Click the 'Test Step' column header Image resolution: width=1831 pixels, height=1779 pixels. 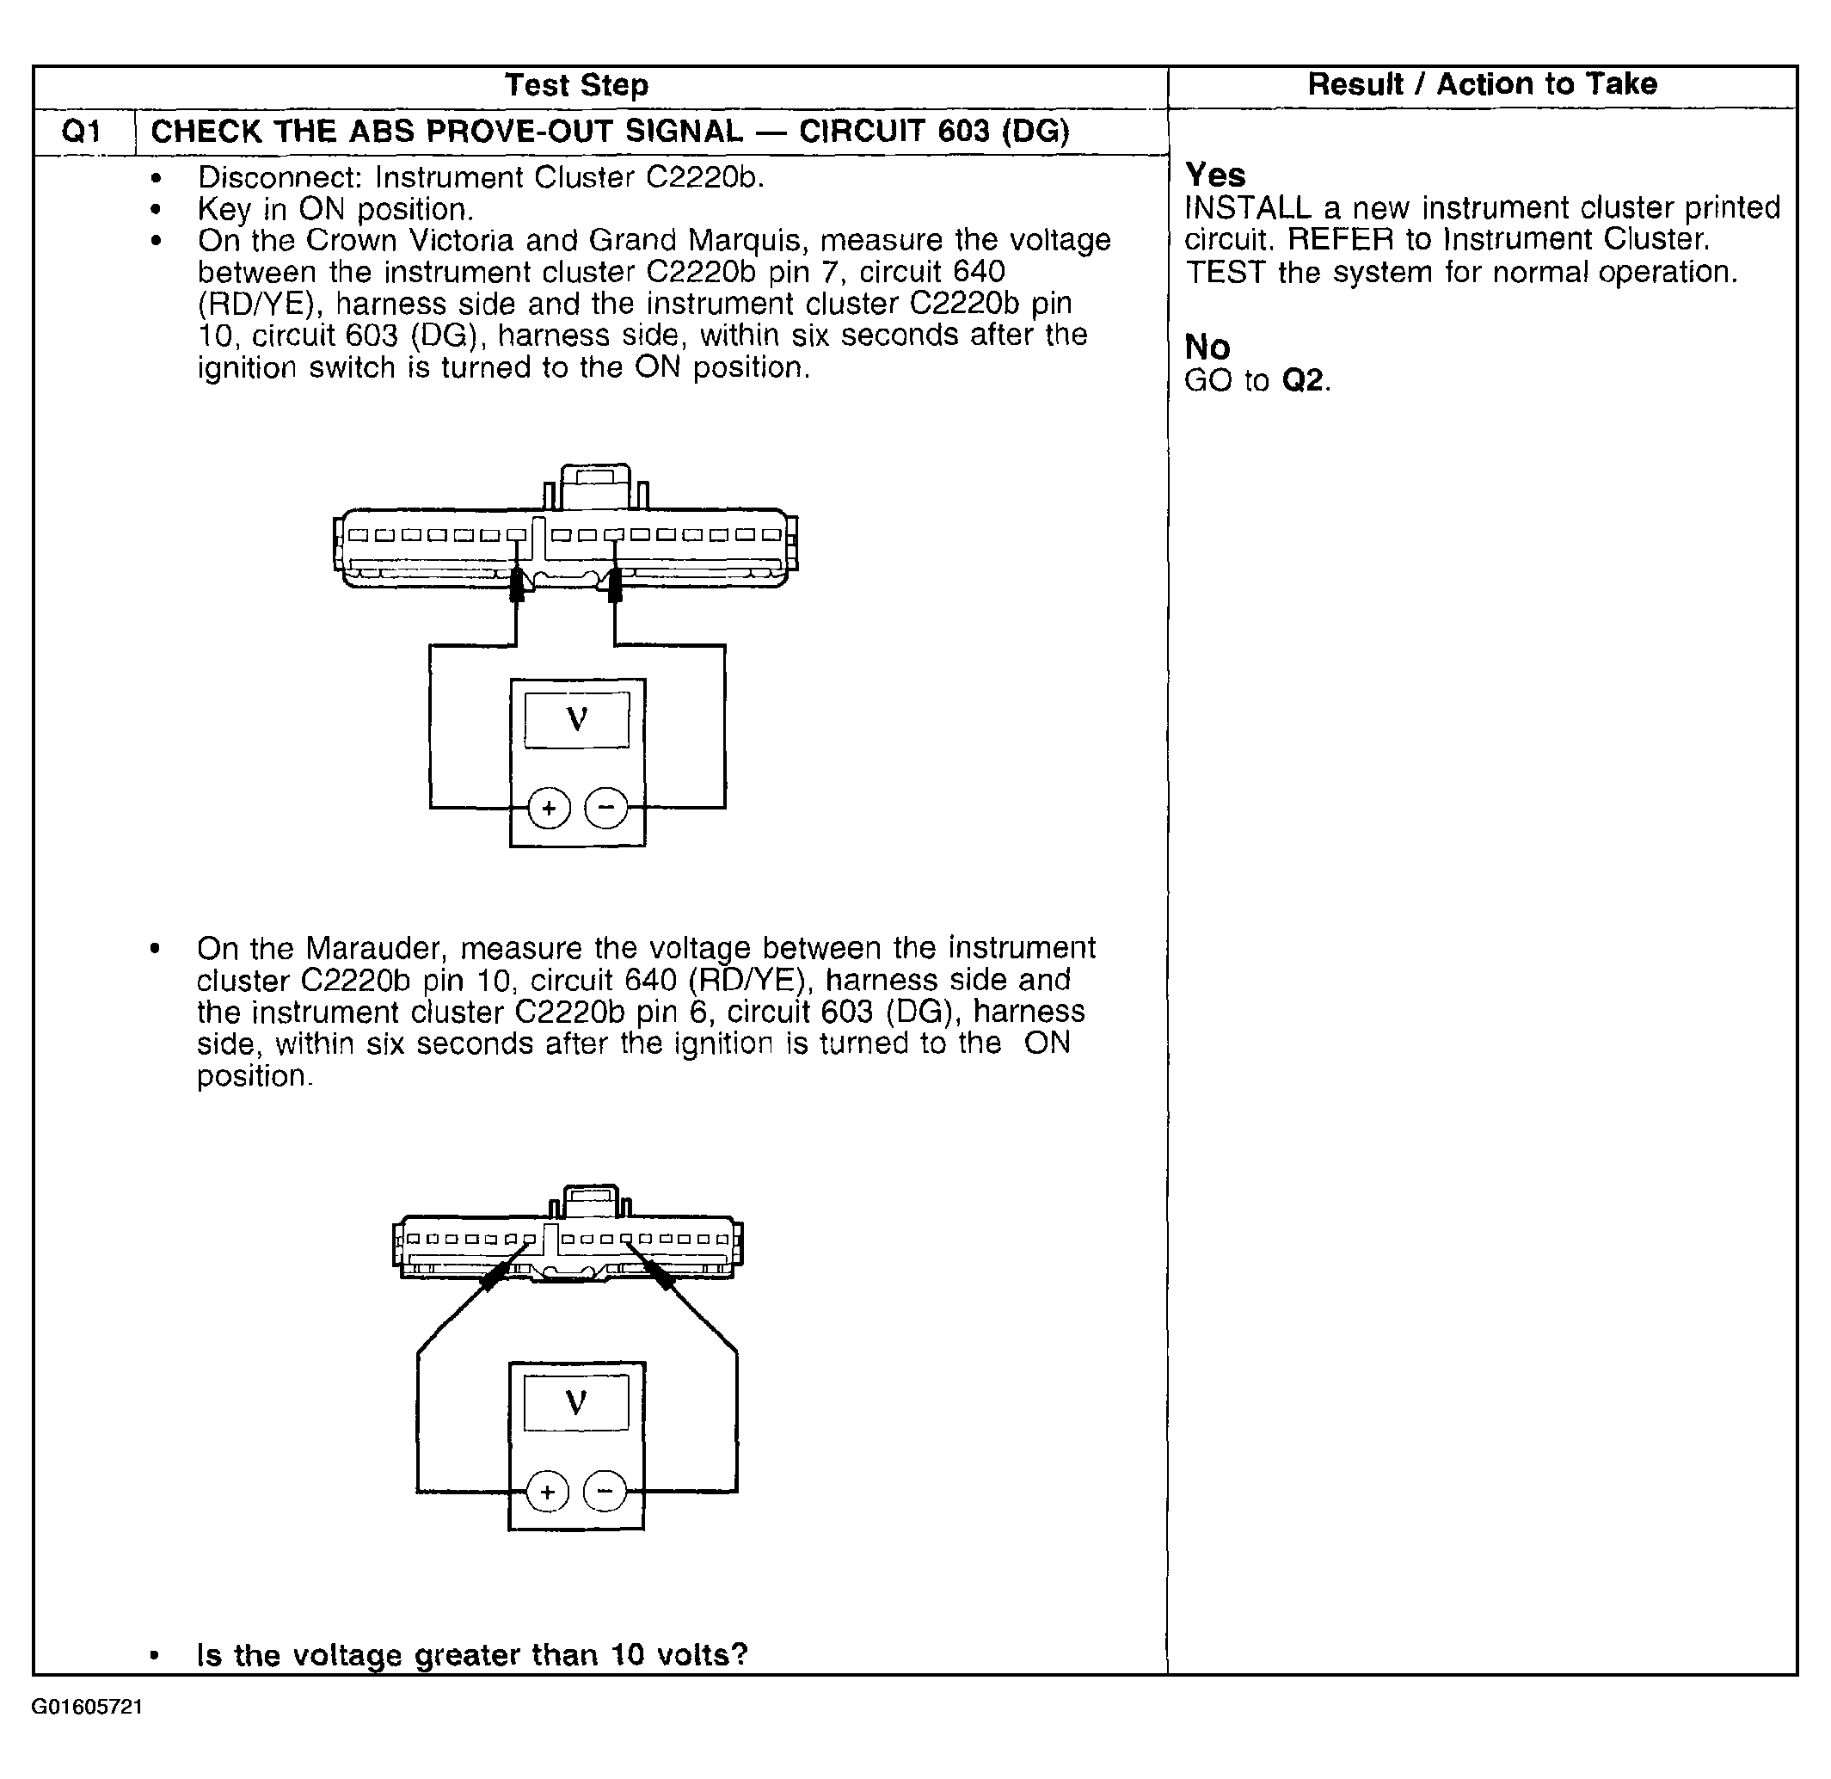576,85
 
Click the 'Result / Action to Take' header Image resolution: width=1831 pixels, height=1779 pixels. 1482,84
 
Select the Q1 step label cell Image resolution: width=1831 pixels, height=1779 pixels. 83,132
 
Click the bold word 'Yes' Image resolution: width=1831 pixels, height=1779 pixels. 1214,175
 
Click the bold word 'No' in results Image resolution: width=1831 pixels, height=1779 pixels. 1207,347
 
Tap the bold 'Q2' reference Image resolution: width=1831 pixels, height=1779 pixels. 1304,380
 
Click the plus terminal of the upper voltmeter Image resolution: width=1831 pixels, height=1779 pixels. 549,807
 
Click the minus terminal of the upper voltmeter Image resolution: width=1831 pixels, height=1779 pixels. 605,807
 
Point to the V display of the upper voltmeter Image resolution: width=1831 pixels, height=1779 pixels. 576,719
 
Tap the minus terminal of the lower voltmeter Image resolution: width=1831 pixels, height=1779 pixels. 605,1491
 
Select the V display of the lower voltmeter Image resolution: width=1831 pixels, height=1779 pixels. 575,1402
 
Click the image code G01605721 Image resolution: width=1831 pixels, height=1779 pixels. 87,1707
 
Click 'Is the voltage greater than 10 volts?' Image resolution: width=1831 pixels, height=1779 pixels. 472,1655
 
